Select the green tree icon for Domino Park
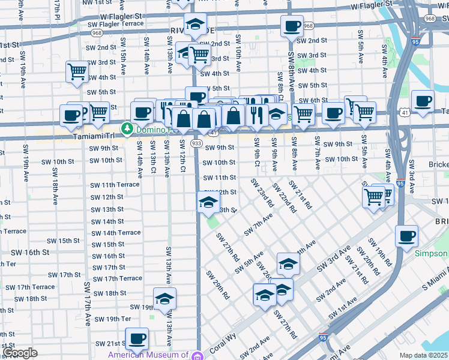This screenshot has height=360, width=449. point(127,128)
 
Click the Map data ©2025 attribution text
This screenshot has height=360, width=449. point(424,355)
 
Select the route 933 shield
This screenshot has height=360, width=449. point(196,143)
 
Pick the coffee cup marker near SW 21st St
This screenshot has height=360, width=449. point(137,338)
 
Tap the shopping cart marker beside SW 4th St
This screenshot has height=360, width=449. point(77,71)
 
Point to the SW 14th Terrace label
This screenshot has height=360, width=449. point(116,233)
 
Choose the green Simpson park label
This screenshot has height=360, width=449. point(431,254)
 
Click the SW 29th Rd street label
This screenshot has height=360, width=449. point(218,285)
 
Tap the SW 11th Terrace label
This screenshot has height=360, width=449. point(115,185)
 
